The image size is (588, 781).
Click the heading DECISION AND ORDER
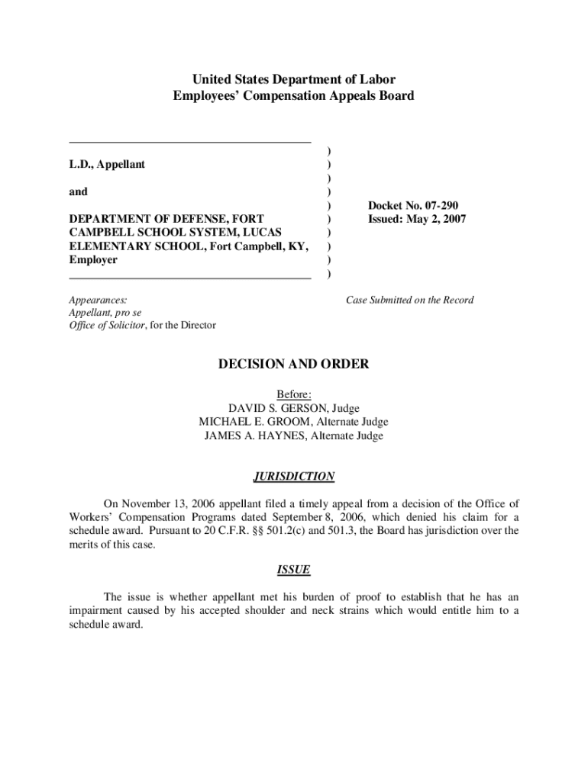294,365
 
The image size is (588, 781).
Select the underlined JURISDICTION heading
294,477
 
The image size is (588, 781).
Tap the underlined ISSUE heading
294,570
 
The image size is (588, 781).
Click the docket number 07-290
438,206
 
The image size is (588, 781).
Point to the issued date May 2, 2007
438,220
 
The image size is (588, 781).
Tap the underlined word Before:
294,394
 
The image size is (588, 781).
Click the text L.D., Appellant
107,165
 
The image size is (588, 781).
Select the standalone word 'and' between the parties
78,192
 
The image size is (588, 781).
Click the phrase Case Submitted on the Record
409,300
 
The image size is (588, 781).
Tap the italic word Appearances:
98,300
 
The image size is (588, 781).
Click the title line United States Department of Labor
294,79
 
